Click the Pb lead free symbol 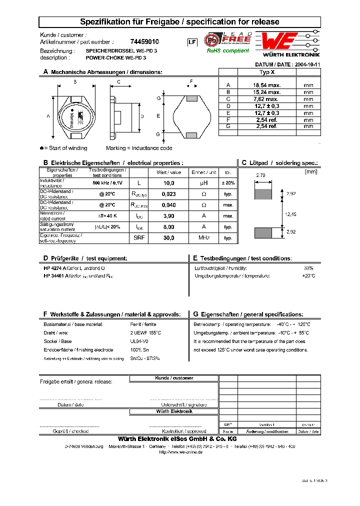coord(212,40)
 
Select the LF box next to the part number coord(191,43)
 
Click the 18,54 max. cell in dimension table coord(266,85)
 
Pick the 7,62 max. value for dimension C coord(266,99)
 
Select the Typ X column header coord(266,72)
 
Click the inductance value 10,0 coord(169,183)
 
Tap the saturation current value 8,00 coord(169,227)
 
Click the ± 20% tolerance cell coord(228,183)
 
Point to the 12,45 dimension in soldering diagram coord(290,213)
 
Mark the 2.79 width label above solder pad coord(260,175)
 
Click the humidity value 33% coord(308,268)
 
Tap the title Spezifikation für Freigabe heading coord(180,22)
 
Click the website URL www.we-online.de coord(180,452)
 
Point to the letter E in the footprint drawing coord(158,116)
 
